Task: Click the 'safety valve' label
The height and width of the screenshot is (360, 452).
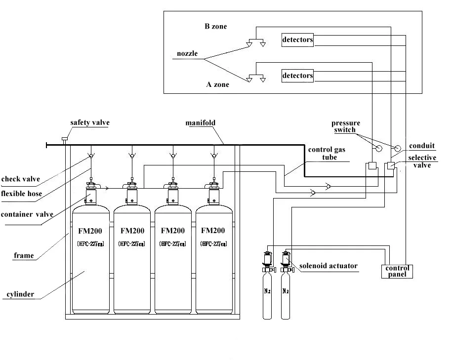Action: point(89,122)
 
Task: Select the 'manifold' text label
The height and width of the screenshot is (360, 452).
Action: point(200,122)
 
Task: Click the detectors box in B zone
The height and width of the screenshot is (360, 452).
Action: point(297,40)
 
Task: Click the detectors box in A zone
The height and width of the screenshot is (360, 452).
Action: point(297,76)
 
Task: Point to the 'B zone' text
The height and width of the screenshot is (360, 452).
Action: point(215,26)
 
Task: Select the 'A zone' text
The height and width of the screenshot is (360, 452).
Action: point(217,84)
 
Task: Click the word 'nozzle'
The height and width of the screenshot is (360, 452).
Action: point(187,53)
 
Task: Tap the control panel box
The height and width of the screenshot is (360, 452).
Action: point(397,271)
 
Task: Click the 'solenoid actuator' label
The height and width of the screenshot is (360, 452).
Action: point(329,266)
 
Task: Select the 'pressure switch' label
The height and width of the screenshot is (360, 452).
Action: point(346,126)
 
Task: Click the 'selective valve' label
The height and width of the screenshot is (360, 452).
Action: point(422,161)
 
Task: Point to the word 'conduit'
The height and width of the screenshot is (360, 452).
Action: point(422,146)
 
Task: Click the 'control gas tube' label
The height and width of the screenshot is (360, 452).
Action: point(323,153)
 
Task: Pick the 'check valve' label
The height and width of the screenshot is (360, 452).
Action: point(20,179)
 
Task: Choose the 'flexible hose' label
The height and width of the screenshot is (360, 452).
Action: point(21,193)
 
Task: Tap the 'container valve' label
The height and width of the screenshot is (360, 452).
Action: point(27,215)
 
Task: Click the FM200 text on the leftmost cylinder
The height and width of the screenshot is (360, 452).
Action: point(90,231)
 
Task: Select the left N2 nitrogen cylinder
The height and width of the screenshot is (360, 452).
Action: point(267,291)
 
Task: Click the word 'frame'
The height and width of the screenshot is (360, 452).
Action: point(24,255)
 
